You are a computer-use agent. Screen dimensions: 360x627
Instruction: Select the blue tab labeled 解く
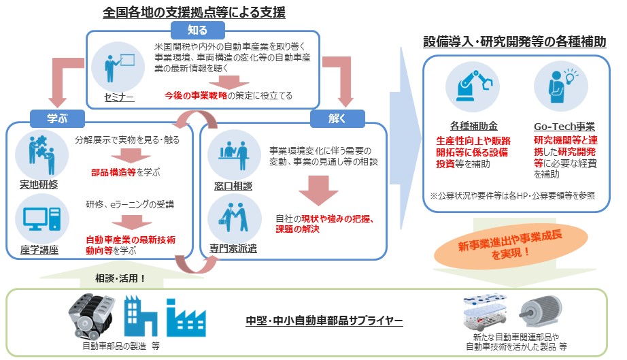(337, 118)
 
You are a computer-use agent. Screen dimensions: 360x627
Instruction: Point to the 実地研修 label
(38, 184)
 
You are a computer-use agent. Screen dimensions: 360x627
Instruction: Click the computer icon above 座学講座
(38, 218)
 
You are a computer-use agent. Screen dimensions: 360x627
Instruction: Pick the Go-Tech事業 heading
(564, 127)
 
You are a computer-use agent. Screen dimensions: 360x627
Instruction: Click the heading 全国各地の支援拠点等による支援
(194, 12)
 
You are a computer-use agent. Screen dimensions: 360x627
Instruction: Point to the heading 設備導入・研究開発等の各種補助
(514, 42)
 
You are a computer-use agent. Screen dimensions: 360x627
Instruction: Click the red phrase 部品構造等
(113, 173)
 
